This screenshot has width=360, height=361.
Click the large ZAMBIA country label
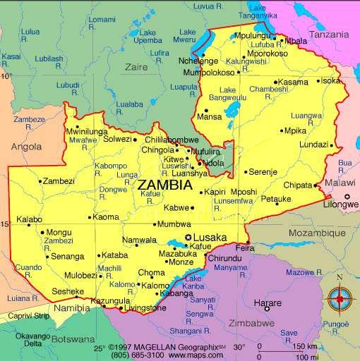164,185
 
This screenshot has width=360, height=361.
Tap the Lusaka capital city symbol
188,238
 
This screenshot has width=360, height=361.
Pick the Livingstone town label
145,308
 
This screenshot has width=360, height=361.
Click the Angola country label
26,147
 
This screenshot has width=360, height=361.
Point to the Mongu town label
59,232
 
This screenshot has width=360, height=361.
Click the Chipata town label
297,185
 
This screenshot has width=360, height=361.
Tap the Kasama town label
292,82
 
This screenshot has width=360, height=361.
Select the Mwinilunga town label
86,132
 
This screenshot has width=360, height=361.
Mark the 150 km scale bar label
305,346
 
